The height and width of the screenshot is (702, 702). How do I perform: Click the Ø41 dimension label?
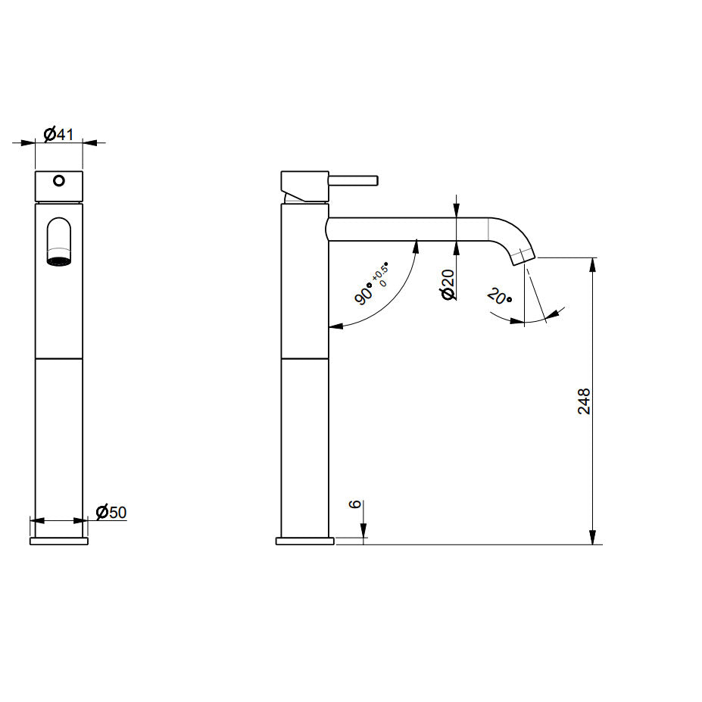click(58, 134)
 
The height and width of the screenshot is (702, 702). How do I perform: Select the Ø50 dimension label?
click(111, 513)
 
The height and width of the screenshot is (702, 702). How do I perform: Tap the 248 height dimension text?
click(584, 401)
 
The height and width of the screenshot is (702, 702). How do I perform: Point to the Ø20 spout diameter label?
click(448, 284)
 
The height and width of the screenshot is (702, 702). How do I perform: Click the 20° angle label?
click(499, 296)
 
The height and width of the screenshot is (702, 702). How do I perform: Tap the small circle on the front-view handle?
click(59, 181)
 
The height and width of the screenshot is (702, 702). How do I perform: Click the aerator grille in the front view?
click(59, 261)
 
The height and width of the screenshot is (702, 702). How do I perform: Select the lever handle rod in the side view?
click(353, 180)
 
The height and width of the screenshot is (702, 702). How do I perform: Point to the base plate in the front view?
click(59, 541)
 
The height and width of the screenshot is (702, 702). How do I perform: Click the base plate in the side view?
click(304, 541)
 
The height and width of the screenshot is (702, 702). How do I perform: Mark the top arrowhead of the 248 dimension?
click(593, 262)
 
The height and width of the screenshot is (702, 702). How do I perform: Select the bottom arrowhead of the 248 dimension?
click(593, 538)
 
